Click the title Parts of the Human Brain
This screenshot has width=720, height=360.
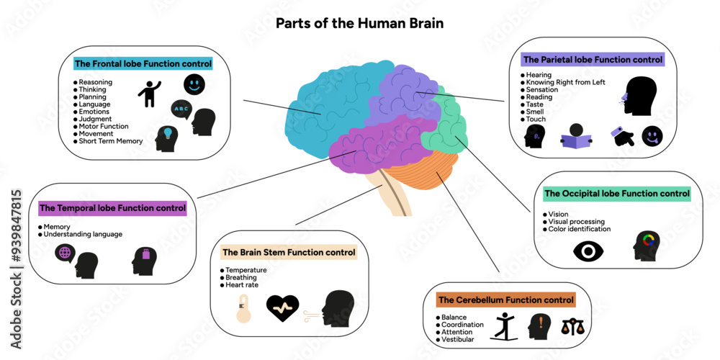(359, 23)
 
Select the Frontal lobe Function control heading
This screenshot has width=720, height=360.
(143, 64)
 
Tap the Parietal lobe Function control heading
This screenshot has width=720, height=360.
(592, 59)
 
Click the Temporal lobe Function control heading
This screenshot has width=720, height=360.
(112, 208)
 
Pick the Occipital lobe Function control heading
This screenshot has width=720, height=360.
(616, 193)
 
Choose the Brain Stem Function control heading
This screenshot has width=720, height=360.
(288, 253)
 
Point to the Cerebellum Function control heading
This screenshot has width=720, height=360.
(506, 300)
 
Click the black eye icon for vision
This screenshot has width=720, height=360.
(588, 250)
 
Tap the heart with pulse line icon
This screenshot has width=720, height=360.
(282, 309)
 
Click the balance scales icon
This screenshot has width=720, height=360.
(573, 327)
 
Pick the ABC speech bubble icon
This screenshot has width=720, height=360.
(181, 109)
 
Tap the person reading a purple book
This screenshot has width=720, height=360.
(575, 137)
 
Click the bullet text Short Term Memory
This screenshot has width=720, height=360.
(110, 141)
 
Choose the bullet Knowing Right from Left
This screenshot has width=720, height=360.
(565, 82)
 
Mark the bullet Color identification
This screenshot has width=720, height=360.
(580, 229)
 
